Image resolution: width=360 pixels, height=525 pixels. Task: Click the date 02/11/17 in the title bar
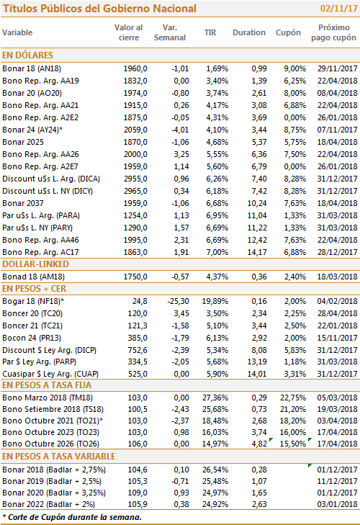pos(338,9)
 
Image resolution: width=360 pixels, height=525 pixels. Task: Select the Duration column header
pos(249,32)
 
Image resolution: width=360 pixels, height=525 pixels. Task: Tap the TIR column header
pos(210,32)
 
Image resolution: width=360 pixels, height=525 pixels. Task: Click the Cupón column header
pos(288,33)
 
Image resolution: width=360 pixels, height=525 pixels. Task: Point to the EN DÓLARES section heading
pos(27,55)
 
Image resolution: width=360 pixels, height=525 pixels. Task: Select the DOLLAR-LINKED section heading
pos(35,264)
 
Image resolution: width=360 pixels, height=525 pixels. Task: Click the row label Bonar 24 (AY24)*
pos(32,130)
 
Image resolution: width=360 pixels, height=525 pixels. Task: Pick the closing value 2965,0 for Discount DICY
pos(135,191)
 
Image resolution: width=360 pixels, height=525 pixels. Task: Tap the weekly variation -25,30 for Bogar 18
pos(178,301)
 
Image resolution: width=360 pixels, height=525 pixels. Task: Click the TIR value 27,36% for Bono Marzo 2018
pos(215,398)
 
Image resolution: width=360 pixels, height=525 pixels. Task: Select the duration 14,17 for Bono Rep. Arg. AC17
pos(257,252)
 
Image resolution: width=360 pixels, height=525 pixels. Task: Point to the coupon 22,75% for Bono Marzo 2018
pos(293,398)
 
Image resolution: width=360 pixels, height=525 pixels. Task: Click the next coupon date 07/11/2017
pos(337,130)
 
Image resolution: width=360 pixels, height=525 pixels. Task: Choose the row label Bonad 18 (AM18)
pos(34,277)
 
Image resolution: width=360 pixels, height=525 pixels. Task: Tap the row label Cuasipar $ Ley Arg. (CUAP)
pos(50,374)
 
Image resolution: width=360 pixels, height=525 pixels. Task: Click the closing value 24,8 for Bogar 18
pos(140,301)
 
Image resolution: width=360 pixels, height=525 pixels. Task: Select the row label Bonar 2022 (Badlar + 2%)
pos(48,505)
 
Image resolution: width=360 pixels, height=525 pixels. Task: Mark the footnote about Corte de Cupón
pos(72,517)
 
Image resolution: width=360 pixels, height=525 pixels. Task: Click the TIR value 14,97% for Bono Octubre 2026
pos(215,444)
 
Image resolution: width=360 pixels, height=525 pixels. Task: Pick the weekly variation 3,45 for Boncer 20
pos(181,314)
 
